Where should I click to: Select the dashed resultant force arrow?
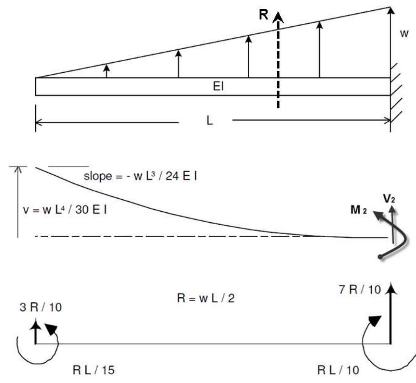[278, 63]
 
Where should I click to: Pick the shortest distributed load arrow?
[106, 71]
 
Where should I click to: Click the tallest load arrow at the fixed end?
[390, 39]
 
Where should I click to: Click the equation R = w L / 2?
[205, 297]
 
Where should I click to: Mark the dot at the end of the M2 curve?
[380, 257]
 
